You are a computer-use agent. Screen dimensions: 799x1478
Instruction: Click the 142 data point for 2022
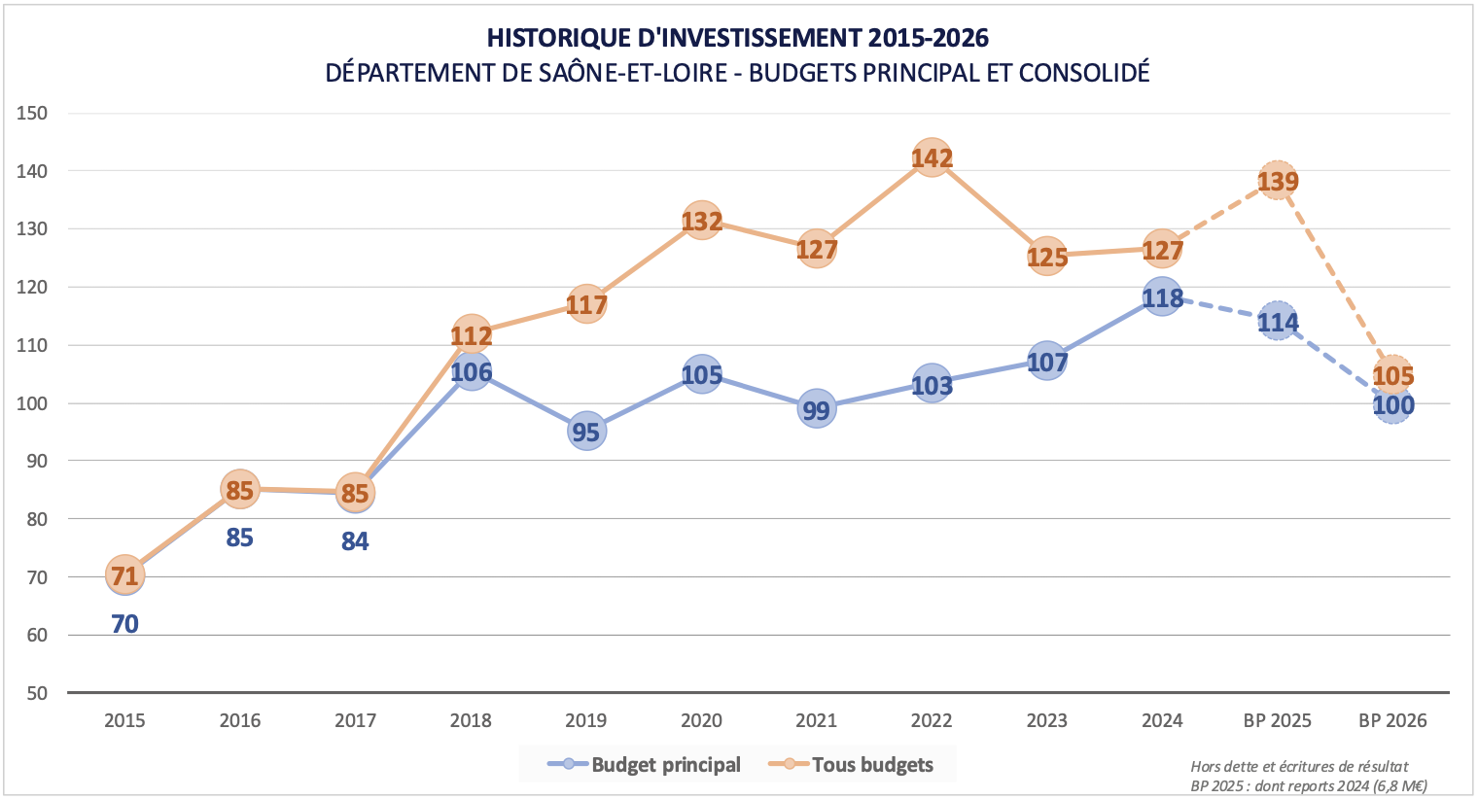932,157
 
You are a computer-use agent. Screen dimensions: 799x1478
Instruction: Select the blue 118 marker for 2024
1162,297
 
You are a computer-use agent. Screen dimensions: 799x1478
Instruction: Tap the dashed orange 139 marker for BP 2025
1278,181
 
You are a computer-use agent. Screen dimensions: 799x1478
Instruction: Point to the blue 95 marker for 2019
585,431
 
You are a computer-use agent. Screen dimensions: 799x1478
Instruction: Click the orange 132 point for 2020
701,222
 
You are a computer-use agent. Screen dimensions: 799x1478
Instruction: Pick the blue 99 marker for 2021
816,409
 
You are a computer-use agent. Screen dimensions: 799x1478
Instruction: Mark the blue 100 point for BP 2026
1392,406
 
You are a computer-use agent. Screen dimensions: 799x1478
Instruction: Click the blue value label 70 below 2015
124,624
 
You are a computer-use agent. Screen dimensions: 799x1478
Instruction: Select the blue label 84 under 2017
355,541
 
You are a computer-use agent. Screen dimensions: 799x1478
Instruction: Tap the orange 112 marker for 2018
471,335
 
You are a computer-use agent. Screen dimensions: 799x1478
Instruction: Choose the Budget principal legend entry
645,765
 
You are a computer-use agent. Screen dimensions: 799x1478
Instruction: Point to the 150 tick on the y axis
32,113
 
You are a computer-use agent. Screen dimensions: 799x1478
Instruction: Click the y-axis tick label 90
36,461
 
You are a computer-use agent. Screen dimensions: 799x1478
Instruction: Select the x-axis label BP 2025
1277,720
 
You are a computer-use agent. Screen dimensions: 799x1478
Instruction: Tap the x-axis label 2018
471,720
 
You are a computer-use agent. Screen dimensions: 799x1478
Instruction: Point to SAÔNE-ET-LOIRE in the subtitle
633,72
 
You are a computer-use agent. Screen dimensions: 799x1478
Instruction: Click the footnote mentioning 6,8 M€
1309,785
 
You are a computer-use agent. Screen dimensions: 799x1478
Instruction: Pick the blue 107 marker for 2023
1046,362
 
